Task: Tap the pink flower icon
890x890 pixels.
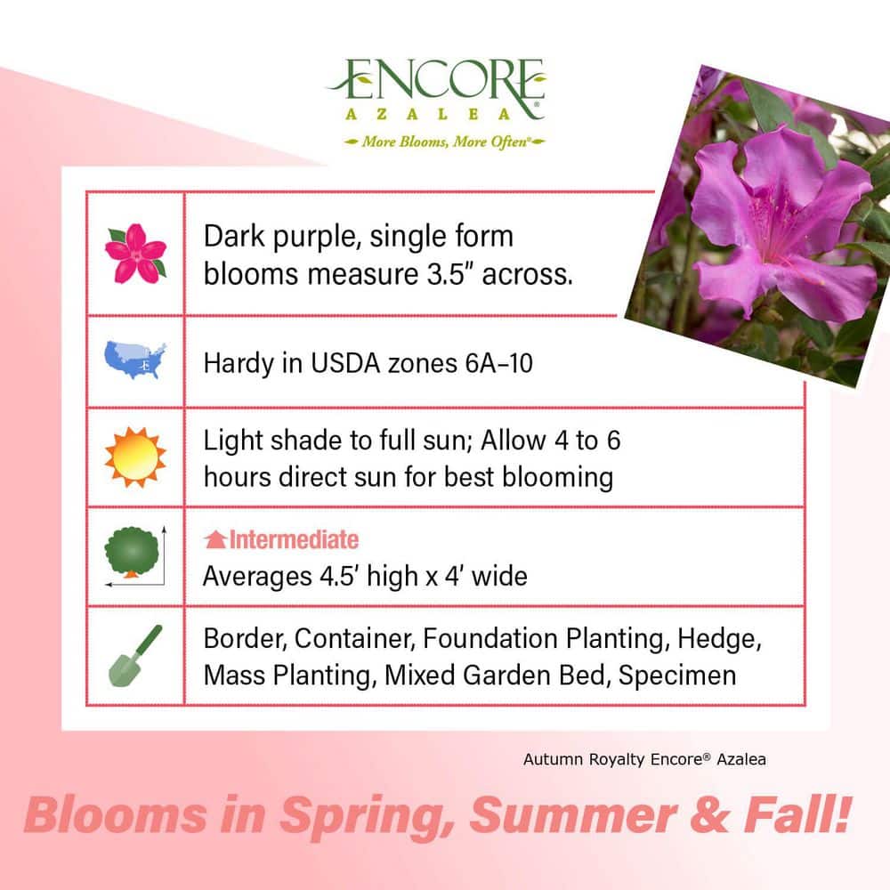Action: (x=135, y=253)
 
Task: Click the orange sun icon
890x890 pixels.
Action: (x=135, y=457)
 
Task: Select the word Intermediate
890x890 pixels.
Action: (x=294, y=540)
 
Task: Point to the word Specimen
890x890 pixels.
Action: (x=677, y=675)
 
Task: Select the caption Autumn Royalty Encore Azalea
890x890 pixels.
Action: (x=644, y=759)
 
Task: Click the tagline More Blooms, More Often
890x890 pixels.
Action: (x=436, y=142)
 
